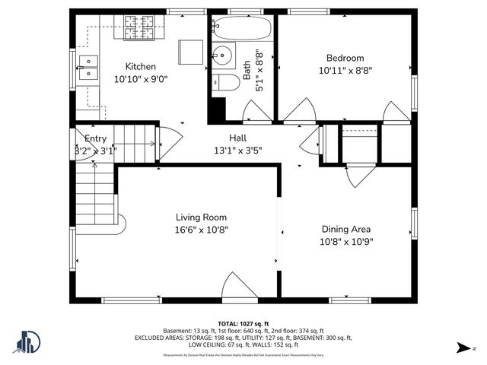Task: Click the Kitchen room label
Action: [141, 66]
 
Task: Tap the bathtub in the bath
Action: [241, 29]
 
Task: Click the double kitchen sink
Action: [89, 67]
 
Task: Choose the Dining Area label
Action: [346, 229]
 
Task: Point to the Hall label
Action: [237, 138]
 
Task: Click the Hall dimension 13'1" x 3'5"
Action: [237, 150]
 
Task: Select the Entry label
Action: [95, 138]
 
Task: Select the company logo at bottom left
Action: [28, 343]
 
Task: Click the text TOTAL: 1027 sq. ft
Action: [243, 323]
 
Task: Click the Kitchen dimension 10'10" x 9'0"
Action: [141, 78]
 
